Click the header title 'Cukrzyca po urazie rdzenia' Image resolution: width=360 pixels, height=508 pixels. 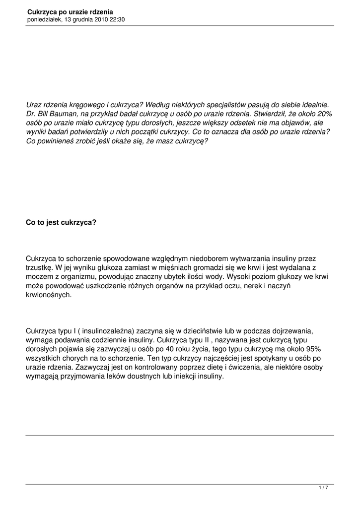(70, 11)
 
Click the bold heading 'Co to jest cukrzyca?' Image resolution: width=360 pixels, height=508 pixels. (61, 223)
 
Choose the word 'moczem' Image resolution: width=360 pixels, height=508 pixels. (40, 276)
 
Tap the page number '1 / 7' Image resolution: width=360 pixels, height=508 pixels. (323, 488)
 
